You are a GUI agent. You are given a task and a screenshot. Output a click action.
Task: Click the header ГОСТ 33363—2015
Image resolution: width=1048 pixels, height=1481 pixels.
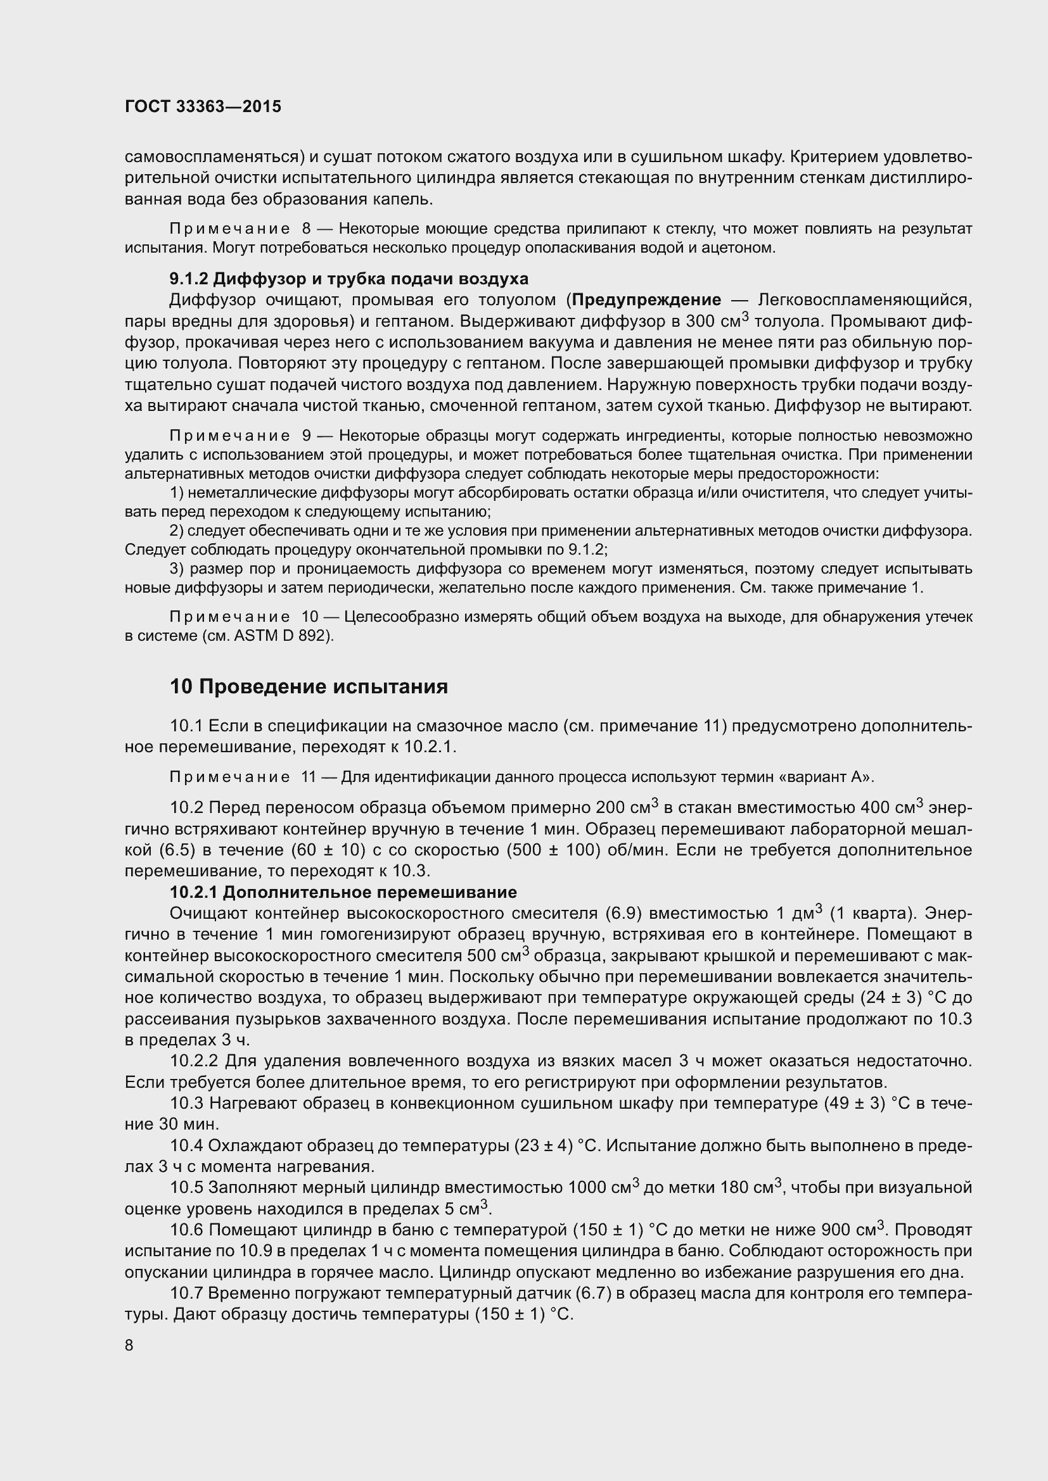[203, 107]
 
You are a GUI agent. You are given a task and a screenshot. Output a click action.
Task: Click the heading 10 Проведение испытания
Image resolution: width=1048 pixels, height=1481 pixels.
[309, 686]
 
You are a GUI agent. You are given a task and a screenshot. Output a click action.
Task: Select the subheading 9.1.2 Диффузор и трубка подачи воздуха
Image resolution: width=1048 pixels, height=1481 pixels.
[348, 279]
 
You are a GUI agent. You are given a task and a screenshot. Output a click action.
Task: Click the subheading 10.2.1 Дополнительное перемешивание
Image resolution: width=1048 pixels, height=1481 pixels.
[343, 892]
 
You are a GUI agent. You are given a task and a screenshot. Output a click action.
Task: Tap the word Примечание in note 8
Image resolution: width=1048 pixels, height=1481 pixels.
[229, 229]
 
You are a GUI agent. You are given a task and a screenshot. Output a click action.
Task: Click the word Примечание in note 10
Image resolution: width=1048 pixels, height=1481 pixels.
[229, 617]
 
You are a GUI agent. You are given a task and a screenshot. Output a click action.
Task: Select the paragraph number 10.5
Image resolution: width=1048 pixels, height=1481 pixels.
[186, 1187]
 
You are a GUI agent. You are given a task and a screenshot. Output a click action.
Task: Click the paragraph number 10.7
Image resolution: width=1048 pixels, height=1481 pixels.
[186, 1294]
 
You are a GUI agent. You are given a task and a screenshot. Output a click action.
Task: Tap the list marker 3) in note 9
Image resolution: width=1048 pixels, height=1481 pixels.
[177, 569]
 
